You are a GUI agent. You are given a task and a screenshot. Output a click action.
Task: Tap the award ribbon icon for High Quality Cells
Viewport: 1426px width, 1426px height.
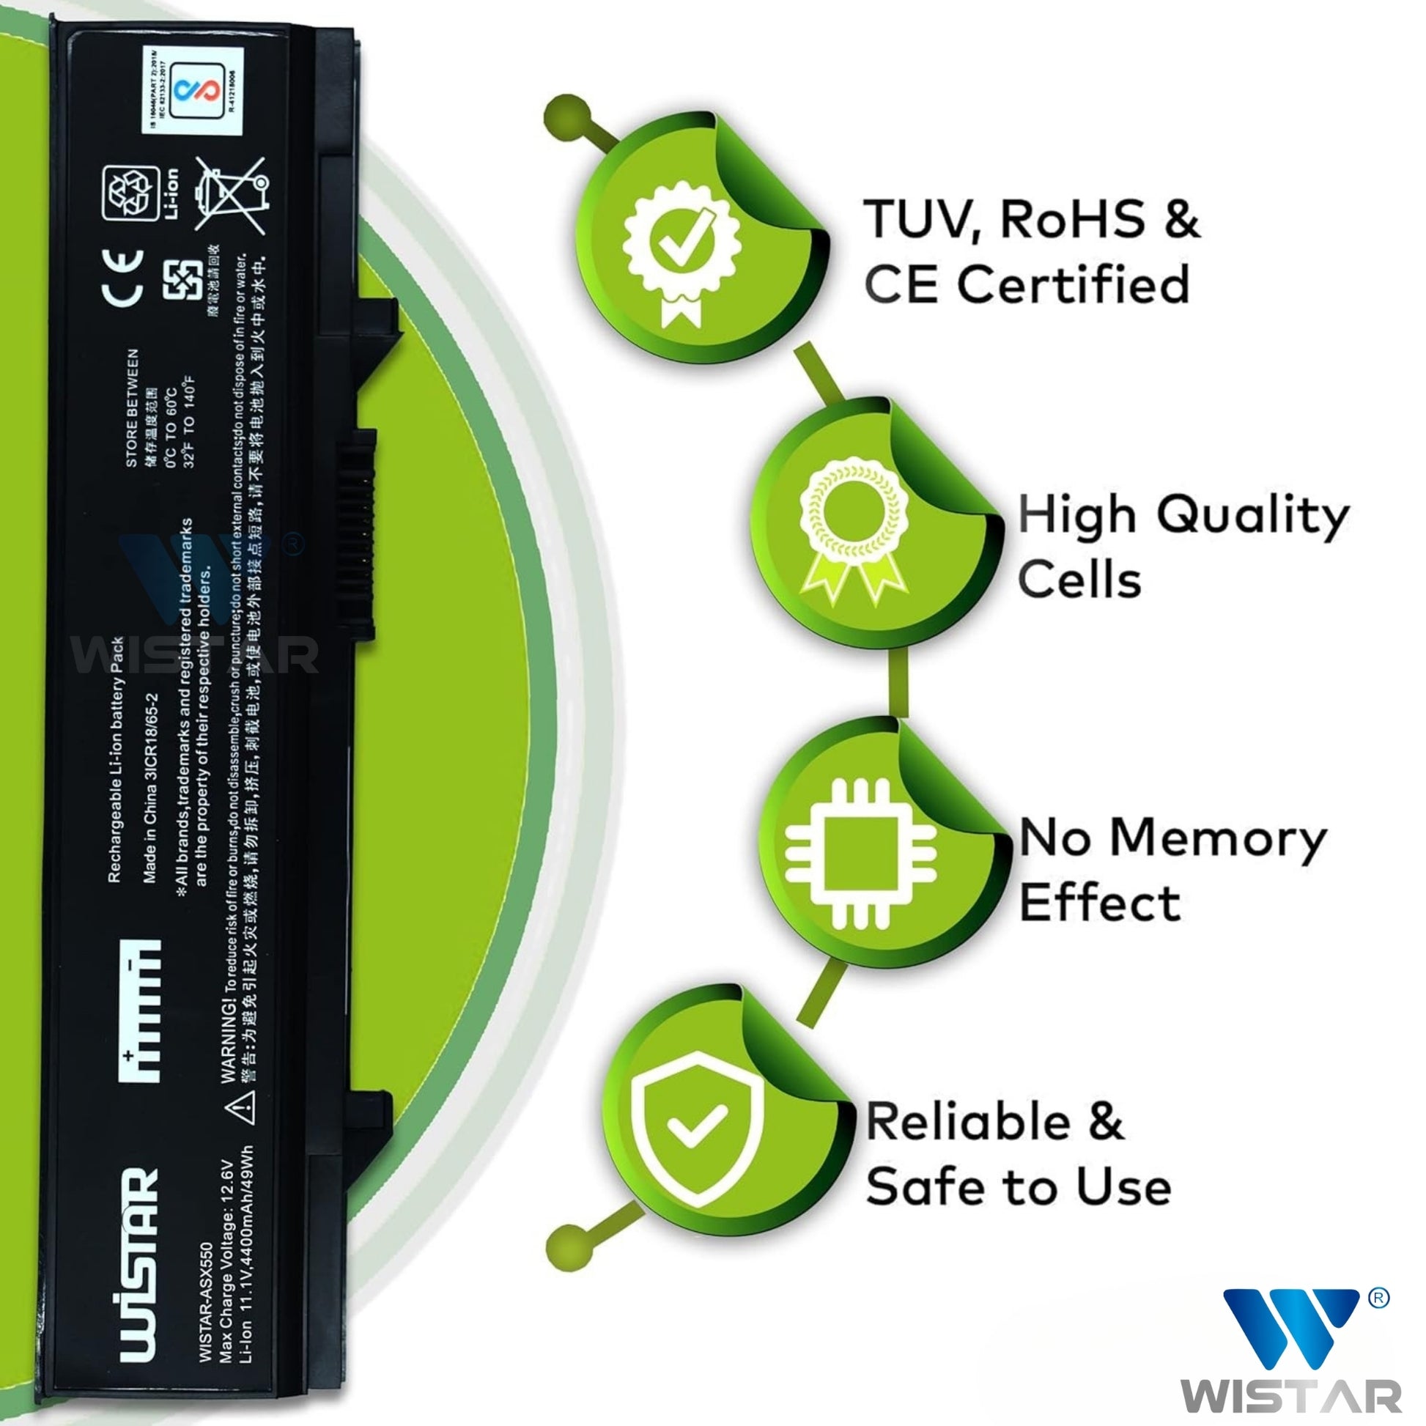(854, 526)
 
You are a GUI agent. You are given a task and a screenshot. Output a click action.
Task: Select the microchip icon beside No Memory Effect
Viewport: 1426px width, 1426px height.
(860, 854)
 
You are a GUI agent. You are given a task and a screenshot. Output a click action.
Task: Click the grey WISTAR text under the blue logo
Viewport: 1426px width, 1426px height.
(1290, 1397)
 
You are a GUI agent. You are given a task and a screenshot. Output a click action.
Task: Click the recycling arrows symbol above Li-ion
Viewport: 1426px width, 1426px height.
(130, 193)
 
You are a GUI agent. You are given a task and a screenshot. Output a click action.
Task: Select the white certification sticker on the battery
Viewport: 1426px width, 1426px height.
(193, 90)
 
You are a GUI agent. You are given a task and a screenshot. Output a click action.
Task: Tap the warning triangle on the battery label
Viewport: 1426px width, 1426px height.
(245, 1107)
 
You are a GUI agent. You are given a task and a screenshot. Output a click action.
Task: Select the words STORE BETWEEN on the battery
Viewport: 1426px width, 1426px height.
(131, 407)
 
